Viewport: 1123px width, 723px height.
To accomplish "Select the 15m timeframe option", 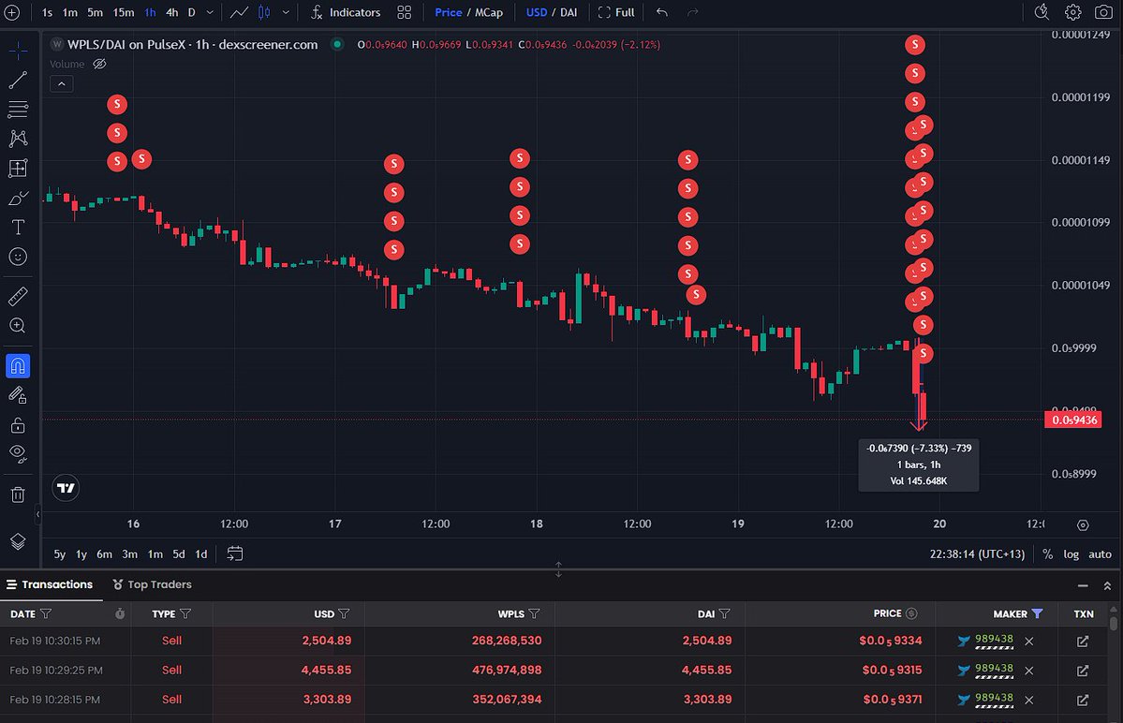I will (123, 12).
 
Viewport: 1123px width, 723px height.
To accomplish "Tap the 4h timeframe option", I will (171, 12).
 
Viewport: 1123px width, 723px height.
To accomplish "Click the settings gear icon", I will (1073, 12).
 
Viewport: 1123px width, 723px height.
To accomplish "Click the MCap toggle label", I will (488, 12).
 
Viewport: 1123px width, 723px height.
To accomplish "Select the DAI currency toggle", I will (569, 12).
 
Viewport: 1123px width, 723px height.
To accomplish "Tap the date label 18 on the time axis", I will (537, 524).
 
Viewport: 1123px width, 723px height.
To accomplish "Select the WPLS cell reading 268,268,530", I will (501, 641).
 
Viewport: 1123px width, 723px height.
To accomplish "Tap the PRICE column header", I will (887, 613).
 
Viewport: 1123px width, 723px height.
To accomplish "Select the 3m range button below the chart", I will (129, 553).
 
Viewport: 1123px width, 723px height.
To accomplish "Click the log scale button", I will (1071, 553).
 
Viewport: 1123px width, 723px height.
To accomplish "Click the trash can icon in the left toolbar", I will (18, 494).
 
